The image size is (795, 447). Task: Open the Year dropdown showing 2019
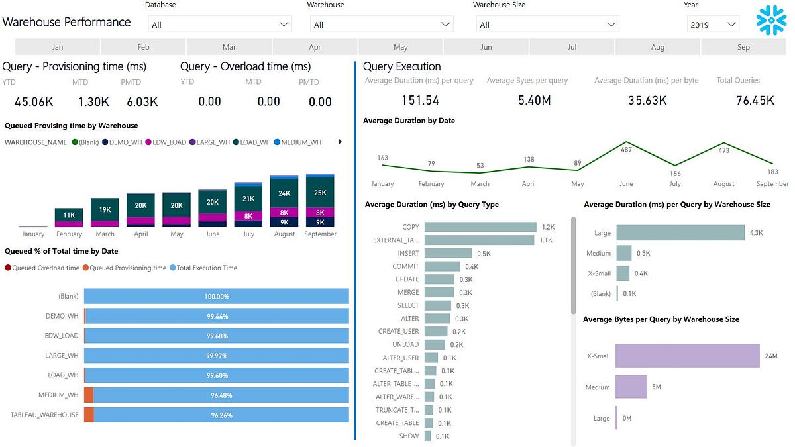(713, 25)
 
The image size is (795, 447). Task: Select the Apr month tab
(315, 47)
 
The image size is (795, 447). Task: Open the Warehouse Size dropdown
(547, 25)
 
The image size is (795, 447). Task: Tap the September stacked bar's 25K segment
(320, 193)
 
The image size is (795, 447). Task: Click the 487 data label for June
(625, 150)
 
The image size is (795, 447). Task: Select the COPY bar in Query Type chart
(480, 227)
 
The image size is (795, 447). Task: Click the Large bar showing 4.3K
(680, 232)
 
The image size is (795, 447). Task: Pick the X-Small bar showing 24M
(687, 356)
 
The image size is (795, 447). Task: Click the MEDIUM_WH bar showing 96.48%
(217, 395)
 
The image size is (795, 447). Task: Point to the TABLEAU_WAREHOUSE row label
(44, 415)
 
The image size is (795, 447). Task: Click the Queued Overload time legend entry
(42, 268)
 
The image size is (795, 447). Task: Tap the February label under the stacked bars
(69, 234)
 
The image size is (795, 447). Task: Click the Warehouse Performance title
(67, 22)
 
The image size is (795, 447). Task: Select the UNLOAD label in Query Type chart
(406, 344)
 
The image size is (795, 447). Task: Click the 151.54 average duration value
(420, 100)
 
